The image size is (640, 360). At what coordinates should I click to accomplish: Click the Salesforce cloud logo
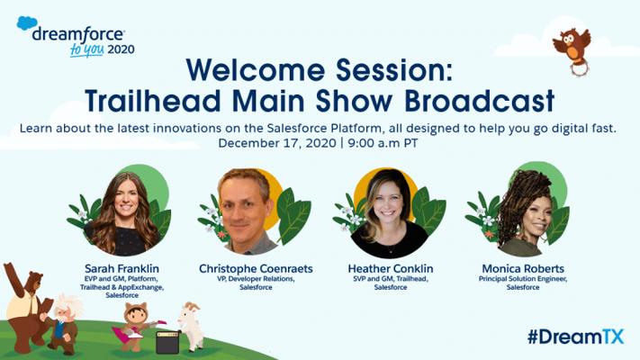point(26,22)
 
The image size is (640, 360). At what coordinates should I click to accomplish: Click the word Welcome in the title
point(255,70)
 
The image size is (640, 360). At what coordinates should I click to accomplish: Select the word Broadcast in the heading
point(479,101)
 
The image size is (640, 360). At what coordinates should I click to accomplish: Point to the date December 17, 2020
point(277,143)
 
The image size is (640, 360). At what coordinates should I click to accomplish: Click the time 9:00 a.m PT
point(383,143)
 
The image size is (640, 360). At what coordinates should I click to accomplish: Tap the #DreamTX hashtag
point(575,337)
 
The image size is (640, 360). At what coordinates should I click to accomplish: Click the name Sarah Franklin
point(122,269)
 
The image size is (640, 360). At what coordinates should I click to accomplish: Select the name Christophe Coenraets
point(256,269)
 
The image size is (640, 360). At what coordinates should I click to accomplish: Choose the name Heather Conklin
point(390,269)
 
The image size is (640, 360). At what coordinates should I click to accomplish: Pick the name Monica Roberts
point(523,269)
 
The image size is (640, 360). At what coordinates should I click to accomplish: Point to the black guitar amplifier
point(167,342)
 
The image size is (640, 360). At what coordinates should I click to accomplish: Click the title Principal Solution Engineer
point(523,279)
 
